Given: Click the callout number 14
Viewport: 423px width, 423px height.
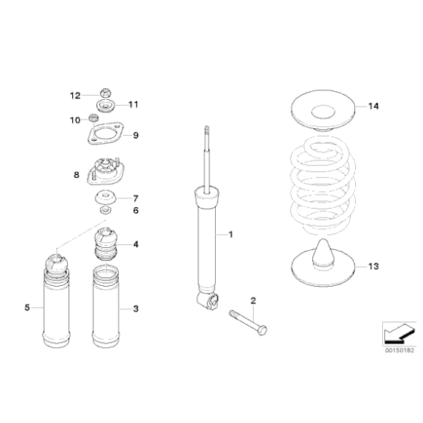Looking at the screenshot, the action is (373, 106).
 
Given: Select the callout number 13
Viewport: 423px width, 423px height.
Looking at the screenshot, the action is (373, 266).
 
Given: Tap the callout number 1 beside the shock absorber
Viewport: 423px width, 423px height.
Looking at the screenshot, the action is (230, 235).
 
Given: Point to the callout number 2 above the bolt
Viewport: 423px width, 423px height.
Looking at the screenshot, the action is (253, 300).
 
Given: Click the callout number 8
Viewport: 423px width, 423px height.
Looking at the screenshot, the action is (77, 175).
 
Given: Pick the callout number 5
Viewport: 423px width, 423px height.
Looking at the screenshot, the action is (27, 308).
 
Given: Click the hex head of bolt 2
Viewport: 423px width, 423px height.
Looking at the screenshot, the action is (263, 330).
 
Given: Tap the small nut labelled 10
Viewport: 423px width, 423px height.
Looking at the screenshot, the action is (93, 117).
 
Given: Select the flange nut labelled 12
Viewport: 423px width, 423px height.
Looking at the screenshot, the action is (106, 93).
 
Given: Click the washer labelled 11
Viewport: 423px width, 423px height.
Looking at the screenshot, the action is (106, 106).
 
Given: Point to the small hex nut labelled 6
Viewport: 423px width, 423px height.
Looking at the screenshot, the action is (105, 209).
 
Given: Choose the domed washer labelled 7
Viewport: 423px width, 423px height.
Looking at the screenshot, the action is (106, 198).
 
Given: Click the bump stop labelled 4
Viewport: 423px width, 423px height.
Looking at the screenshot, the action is (106, 244).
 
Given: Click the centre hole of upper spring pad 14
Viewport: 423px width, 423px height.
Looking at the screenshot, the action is (323, 112).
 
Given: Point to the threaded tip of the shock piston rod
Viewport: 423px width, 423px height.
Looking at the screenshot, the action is (207, 130).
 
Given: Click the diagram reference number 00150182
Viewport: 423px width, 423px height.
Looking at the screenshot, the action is (399, 350).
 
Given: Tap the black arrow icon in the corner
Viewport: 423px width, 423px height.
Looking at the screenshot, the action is (399, 334).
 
